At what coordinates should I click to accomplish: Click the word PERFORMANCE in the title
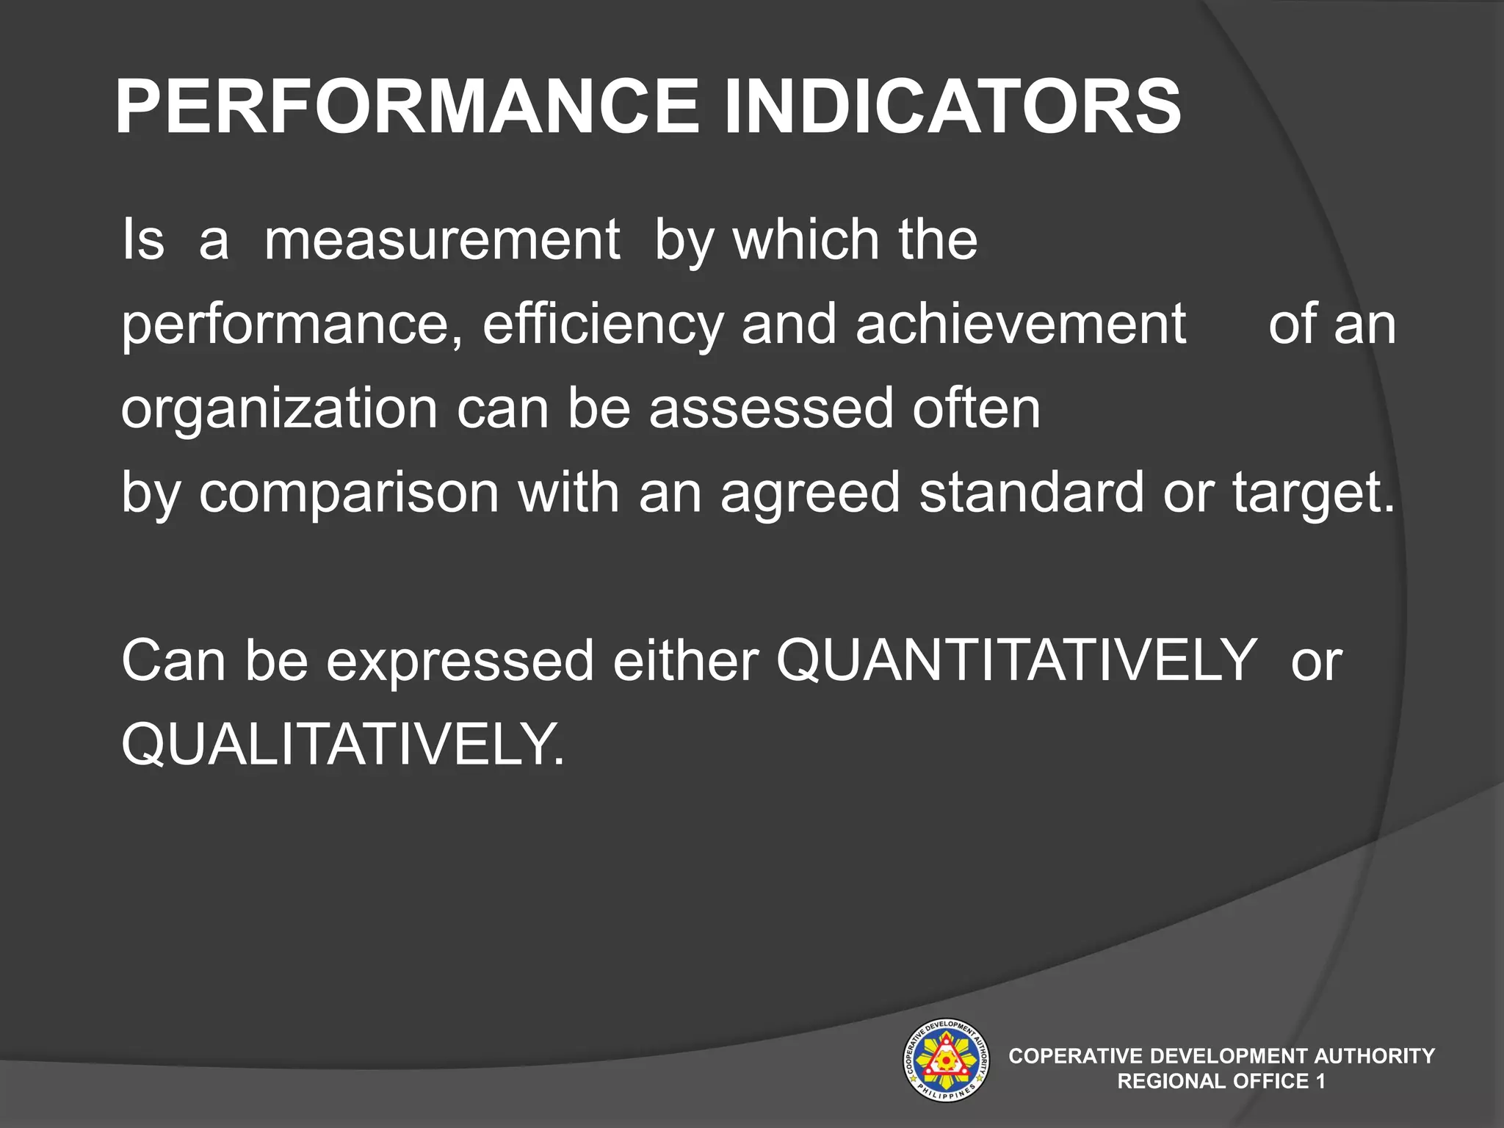coord(407,107)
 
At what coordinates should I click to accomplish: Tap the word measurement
coord(442,240)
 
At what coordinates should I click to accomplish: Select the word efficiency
coord(603,325)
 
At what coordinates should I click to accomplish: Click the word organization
coord(279,409)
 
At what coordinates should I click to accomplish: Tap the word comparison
coord(350,492)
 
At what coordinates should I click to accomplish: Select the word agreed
coord(810,493)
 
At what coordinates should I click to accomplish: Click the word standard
coord(1032,492)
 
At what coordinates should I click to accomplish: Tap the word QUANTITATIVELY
coord(1016,660)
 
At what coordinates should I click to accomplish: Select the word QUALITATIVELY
coord(343,745)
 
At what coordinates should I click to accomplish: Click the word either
coord(686,660)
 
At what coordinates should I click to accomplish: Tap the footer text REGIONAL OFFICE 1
coord(1221,1082)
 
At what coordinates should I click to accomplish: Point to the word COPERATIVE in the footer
coord(1076,1056)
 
